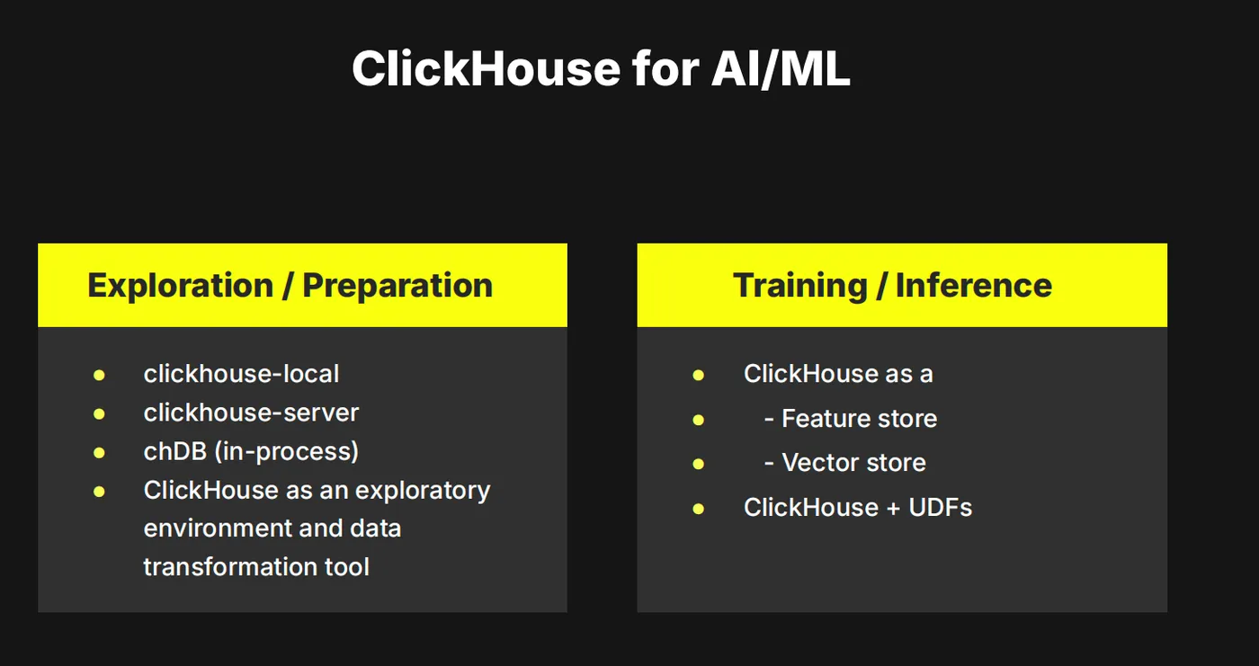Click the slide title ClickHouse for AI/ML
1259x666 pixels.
click(601, 68)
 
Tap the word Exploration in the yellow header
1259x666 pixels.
click(181, 285)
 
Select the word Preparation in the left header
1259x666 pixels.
click(397, 285)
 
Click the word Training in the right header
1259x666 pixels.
click(799, 285)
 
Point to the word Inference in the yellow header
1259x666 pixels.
click(973, 285)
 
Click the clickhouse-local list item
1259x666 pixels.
click(241, 374)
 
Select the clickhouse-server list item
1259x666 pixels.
click(251, 413)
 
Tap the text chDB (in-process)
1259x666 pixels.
click(251, 451)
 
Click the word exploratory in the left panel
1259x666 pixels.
click(423, 491)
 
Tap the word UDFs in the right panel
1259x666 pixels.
click(940, 507)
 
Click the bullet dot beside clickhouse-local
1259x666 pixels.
click(99, 375)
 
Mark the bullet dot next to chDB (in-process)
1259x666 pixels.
click(99, 453)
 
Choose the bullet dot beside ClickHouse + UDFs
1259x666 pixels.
click(699, 509)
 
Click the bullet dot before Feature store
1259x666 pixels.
click(699, 420)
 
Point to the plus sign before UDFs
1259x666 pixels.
click(893, 508)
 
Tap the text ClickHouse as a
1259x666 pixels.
click(838, 374)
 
